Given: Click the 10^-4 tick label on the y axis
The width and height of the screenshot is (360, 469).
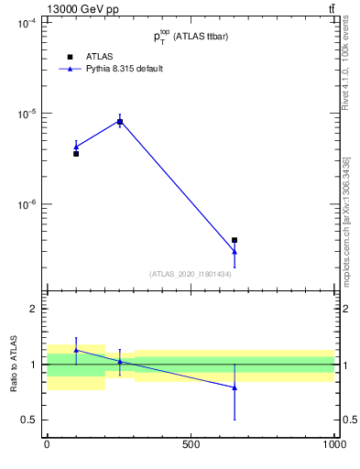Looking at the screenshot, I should click(x=27, y=24).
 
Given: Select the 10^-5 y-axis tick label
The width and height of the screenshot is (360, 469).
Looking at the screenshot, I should click(x=27, y=115).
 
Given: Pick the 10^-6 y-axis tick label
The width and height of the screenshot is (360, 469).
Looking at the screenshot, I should click(x=27, y=205).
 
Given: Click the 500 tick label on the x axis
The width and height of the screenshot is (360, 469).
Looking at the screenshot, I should click(x=191, y=445).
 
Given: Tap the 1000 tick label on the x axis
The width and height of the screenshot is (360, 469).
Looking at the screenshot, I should click(x=334, y=445).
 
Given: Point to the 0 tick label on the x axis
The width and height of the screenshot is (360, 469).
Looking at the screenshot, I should click(x=47, y=445).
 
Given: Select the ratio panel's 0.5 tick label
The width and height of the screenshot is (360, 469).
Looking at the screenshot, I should click(x=28, y=420).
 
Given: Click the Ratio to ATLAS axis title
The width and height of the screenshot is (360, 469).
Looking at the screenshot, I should click(x=12, y=365).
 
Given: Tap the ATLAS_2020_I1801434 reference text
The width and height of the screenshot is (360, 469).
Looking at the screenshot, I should click(x=191, y=274).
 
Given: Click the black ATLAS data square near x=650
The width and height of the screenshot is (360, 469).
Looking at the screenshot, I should click(x=235, y=240).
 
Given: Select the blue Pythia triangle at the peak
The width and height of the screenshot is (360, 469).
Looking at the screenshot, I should click(x=119, y=121).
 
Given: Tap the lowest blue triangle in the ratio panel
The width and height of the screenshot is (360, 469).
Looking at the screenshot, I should click(x=235, y=387).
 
